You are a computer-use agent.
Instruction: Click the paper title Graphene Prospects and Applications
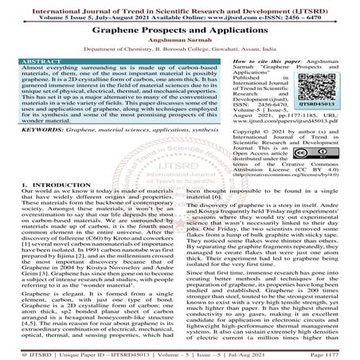(180, 29)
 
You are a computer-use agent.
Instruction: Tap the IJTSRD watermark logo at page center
(180, 180)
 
